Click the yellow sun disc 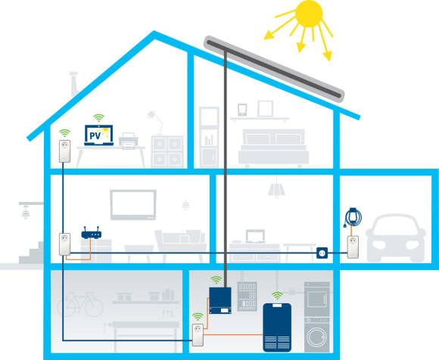309,14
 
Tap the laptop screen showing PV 99,135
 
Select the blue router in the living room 92,233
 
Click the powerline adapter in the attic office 64,151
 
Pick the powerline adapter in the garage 353,247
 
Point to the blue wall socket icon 322,253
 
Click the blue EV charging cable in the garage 353,217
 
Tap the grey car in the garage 396,238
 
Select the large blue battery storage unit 277,327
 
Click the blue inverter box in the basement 220,300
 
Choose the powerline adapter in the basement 198,335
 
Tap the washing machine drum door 316,337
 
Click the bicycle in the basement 80,304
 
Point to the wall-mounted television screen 133,204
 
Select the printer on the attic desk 129,141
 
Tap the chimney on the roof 74,84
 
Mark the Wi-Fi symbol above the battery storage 277,296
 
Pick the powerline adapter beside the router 64,244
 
